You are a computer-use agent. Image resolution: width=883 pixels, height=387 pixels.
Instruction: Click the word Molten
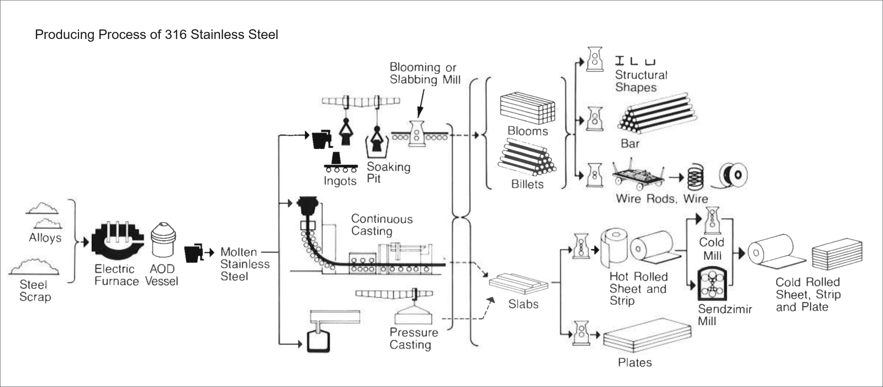pyautogui.click(x=238, y=252)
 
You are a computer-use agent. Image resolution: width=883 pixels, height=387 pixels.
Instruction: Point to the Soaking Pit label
pyautogui.click(x=388, y=173)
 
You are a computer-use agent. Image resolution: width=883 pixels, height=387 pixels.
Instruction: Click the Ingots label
pyautogui.click(x=340, y=181)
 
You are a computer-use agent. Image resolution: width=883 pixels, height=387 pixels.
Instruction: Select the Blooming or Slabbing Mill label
pyautogui.click(x=425, y=73)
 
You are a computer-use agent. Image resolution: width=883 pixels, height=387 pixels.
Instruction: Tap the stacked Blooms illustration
pyautogui.click(x=527, y=109)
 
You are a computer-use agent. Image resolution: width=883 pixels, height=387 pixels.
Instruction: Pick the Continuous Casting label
pyautogui.click(x=381, y=225)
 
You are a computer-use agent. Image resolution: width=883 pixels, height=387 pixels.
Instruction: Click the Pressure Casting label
pyautogui.click(x=413, y=339)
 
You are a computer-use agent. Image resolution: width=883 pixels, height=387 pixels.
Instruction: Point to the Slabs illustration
pyautogui.click(x=518, y=284)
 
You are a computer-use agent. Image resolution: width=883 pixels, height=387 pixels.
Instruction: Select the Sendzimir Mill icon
pyautogui.click(x=712, y=284)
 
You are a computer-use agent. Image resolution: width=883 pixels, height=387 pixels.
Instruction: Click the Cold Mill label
pyautogui.click(x=712, y=249)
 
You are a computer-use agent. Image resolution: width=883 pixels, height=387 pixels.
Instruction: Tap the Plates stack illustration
pyautogui.click(x=648, y=336)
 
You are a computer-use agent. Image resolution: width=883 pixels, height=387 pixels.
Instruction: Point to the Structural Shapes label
pyautogui.click(x=640, y=81)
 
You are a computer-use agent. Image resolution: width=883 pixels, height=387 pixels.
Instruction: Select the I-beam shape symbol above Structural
pyautogui.click(x=619, y=60)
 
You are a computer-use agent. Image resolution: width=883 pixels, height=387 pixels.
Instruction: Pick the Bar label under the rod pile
pyautogui.click(x=629, y=144)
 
